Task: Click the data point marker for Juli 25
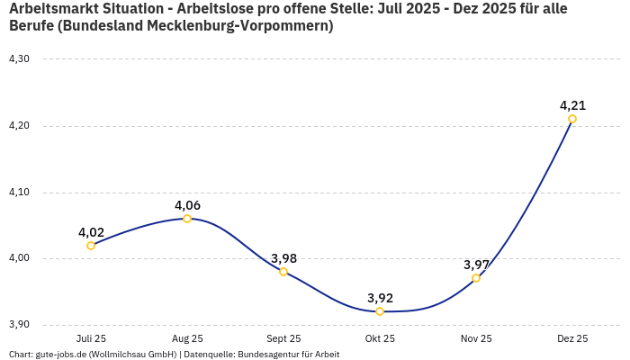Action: pyautogui.click(x=91, y=246)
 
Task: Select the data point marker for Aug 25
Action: pyautogui.click(x=187, y=219)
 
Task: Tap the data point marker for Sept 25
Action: pyautogui.click(x=283, y=272)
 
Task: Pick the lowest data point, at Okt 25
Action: pyautogui.click(x=380, y=311)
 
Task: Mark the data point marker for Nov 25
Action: pyautogui.click(x=476, y=278)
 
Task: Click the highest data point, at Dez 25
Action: pyautogui.click(x=572, y=119)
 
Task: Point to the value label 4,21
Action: pyautogui.click(x=572, y=105)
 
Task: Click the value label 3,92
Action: pyautogui.click(x=380, y=298)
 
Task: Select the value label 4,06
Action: pyautogui.click(x=187, y=205)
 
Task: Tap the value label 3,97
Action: pyautogui.click(x=476, y=265)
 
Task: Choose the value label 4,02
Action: pyautogui.click(x=91, y=232)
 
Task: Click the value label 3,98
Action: pyautogui.click(x=283, y=258)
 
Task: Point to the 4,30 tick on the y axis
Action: pyautogui.click(x=19, y=59)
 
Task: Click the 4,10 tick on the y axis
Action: pyautogui.click(x=19, y=193)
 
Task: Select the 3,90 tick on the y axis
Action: pyautogui.click(x=19, y=325)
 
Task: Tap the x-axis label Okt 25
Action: pyautogui.click(x=380, y=339)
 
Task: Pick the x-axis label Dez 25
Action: pyautogui.click(x=572, y=339)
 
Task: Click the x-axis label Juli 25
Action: pyautogui.click(x=91, y=339)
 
